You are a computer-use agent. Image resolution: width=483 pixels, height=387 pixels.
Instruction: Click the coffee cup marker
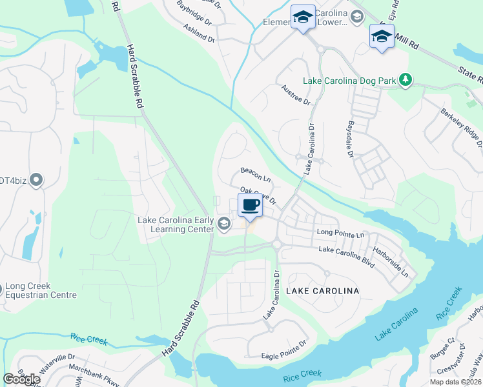[250, 206]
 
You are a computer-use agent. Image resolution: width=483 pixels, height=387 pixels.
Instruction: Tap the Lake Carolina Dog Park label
[353, 80]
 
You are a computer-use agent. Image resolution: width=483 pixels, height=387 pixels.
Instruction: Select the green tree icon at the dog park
[405, 79]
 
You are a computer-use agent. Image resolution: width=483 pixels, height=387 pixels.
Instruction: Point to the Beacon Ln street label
[255, 174]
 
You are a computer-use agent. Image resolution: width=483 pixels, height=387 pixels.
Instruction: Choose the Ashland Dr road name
[198, 34]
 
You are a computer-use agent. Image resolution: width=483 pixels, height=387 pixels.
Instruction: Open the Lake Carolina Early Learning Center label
[176, 224]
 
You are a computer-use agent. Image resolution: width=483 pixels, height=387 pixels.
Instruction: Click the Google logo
[21, 379]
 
